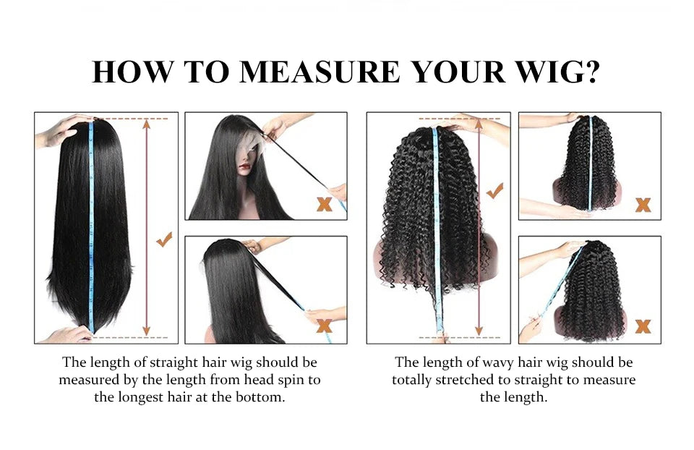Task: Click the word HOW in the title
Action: [130, 72]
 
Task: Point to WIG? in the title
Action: [562, 72]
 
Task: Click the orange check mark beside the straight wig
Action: [165, 239]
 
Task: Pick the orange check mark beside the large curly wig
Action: [495, 192]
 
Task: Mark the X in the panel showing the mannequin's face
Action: [325, 205]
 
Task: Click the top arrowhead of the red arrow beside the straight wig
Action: [147, 124]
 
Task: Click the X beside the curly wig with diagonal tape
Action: [643, 326]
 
